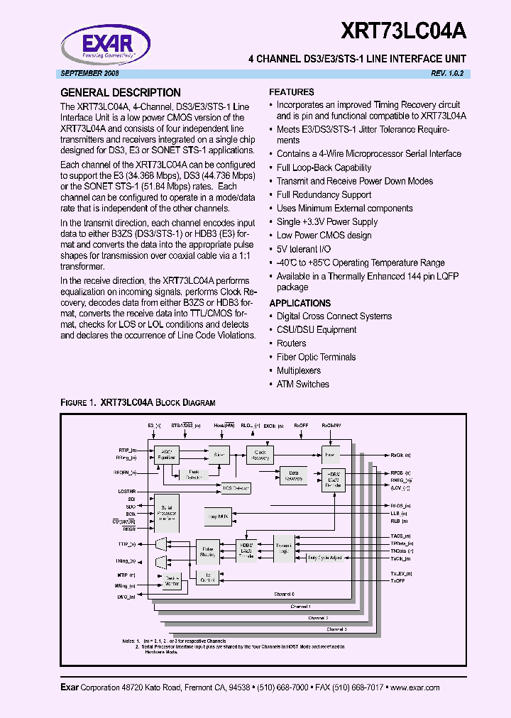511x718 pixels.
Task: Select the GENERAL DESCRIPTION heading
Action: coord(121,92)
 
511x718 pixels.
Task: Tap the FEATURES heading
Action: coord(292,92)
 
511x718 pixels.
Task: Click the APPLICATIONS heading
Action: coord(300,303)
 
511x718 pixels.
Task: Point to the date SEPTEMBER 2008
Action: coord(87,74)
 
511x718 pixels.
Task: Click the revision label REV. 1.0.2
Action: coord(451,74)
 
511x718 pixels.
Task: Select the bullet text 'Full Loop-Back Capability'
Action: coord(324,167)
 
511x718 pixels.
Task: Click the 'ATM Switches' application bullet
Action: coord(303,384)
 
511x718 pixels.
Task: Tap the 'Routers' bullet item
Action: coord(292,343)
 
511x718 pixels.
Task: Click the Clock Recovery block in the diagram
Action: coord(260,454)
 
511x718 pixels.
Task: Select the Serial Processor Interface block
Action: coord(167,513)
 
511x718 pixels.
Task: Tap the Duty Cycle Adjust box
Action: coord(324,558)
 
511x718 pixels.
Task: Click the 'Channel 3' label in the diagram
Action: coord(336,629)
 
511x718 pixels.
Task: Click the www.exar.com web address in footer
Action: coord(414,687)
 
